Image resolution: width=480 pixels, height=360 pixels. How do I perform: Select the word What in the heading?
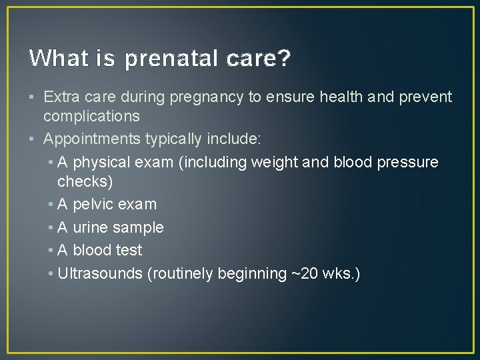[x=52, y=59]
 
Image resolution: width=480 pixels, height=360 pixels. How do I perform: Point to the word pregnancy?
[x=207, y=97]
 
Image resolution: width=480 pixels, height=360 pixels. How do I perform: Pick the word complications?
[x=91, y=116]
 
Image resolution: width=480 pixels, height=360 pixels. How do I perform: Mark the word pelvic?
[x=94, y=204]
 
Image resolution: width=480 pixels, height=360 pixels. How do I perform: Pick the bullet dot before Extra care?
[x=33, y=97]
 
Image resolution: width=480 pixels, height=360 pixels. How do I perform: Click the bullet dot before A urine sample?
[x=51, y=227]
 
